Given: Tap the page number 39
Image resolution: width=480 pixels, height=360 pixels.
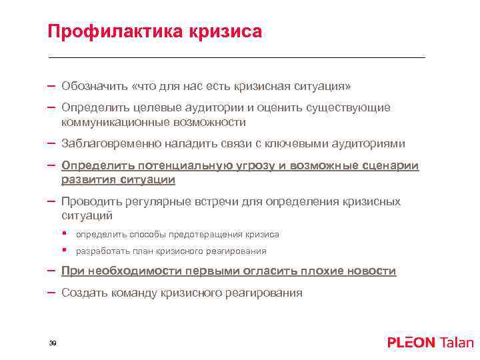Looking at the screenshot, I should pyautogui.click(x=52, y=343).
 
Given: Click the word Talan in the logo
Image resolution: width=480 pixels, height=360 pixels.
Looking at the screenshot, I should pyautogui.click(x=456, y=343).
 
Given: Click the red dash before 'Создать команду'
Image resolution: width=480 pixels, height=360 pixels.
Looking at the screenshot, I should pyautogui.click(x=51, y=292).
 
